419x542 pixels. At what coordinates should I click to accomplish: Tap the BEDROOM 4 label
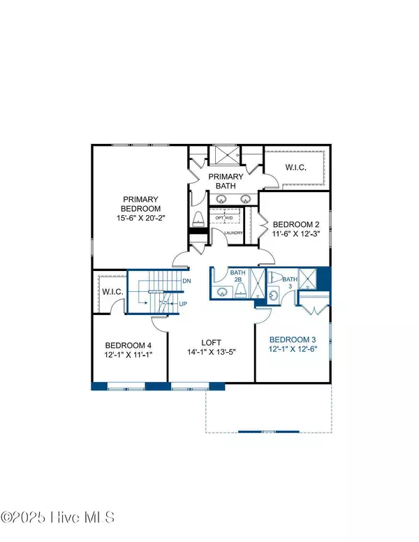(x=128, y=345)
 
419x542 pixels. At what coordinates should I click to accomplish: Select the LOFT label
(x=211, y=342)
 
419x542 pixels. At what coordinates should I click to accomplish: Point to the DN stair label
(x=186, y=281)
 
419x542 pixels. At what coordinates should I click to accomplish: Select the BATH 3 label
(x=289, y=282)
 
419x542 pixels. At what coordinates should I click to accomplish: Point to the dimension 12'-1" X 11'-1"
(x=128, y=356)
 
